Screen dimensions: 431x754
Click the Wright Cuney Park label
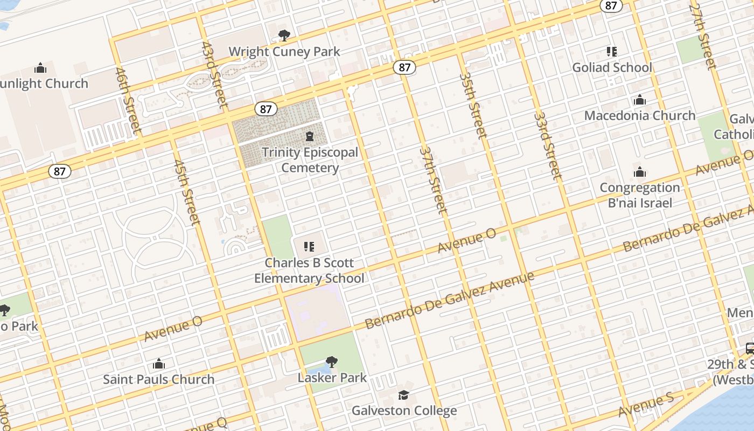click(x=284, y=52)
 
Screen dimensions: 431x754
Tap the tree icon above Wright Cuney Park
click(x=284, y=36)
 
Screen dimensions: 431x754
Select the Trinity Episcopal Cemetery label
click(x=310, y=160)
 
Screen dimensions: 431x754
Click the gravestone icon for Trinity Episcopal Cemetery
click(x=310, y=136)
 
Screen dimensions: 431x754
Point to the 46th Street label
click(x=128, y=101)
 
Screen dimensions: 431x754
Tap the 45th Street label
click(x=187, y=192)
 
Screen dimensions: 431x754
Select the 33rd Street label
click(x=548, y=145)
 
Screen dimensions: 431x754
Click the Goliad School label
click(x=612, y=67)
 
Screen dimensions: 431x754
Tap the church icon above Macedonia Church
click(x=640, y=100)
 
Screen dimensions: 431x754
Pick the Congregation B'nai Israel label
click(x=640, y=195)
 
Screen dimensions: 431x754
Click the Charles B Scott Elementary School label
click(x=309, y=270)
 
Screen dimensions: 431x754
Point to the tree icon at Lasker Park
click(x=332, y=362)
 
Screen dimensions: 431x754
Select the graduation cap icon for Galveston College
click(x=404, y=395)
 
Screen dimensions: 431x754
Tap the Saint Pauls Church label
click(x=158, y=379)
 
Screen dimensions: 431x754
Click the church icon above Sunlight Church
click(x=40, y=68)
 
